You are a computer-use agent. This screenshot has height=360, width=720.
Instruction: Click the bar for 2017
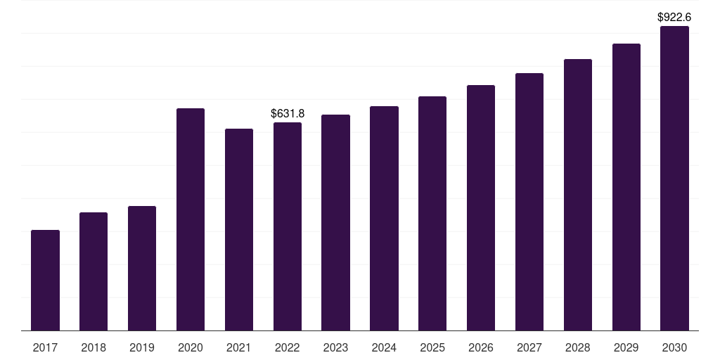pyautogui.click(x=46, y=280)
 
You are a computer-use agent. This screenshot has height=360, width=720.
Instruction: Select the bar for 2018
pyautogui.click(x=94, y=271)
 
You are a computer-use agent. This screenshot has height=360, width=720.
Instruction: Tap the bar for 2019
pyautogui.click(x=142, y=268)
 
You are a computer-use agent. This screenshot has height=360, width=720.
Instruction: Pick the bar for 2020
pyautogui.click(x=191, y=219)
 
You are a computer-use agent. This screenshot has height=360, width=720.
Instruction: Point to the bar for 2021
pyautogui.click(x=239, y=230)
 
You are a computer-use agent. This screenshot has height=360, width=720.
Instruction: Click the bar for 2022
pyautogui.click(x=288, y=226)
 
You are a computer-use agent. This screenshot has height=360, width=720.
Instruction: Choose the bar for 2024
pyautogui.click(x=385, y=219)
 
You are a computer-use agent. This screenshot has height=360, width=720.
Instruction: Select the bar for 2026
pyautogui.click(x=481, y=208)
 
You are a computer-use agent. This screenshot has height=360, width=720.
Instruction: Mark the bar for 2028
pyautogui.click(x=578, y=195)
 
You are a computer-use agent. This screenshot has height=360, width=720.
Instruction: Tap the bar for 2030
pyautogui.click(x=674, y=178)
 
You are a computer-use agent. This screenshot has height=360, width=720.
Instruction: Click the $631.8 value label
pyautogui.click(x=288, y=113)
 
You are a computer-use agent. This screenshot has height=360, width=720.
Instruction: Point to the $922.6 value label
pyautogui.click(x=674, y=18)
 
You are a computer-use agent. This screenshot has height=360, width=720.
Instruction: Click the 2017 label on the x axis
pyautogui.click(x=46, y=347)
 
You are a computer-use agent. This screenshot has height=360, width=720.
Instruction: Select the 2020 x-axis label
pyautogui.click(x=191, y=347)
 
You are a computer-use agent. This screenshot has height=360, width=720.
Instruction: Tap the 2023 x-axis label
pyautogui.click(x=335, y=347)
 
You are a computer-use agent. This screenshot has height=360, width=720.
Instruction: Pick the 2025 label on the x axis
pyautogui.click(x=432, y=347)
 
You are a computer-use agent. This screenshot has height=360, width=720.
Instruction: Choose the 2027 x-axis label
pyautogui.click(x=529, y=347)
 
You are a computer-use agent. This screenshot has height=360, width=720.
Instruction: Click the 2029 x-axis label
pyautogui.click(x=626, y=347)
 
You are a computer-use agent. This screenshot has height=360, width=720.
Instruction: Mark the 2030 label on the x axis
pyautogui.click(x=674, y=347)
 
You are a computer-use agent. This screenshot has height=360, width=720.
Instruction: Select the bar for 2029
pyautogui.click(x=626, y=187)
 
